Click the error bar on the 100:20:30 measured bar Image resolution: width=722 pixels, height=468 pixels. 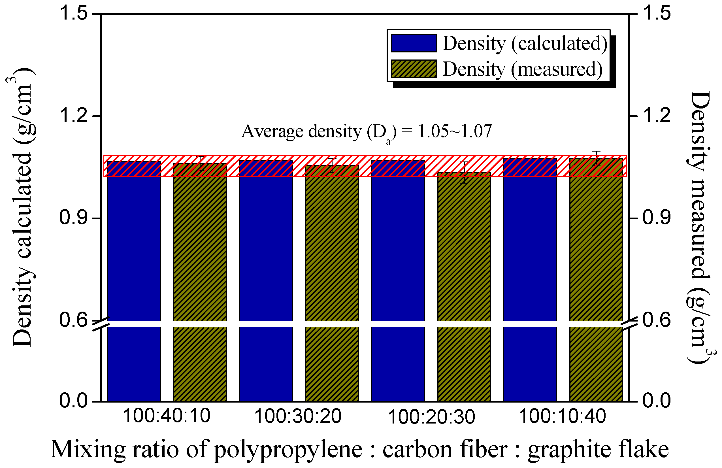[x=464, y=173]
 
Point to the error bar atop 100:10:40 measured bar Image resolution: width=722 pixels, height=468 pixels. [x=596, y=158]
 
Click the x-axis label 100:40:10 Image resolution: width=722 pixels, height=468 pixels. [x=167, y=416]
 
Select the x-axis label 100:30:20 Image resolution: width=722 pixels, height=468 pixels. [x=298, y=416]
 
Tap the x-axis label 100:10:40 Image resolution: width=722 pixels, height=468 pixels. [x=563, y=416]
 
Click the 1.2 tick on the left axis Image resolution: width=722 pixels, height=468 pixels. [x=97, y=116]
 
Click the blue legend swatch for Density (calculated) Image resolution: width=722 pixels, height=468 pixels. [x=414, y=43]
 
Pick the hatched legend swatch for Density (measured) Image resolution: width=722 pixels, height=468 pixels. [x=414, y=69]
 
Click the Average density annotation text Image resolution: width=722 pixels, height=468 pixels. [x=366, y=132]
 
